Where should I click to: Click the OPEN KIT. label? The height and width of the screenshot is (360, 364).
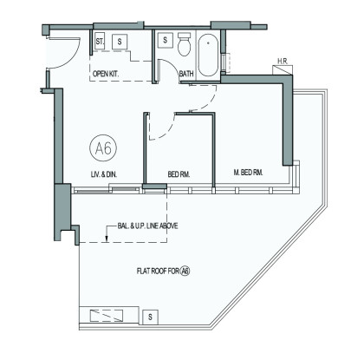pyautogui.click(x=106, y=74)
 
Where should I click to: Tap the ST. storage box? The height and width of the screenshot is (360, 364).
pyautogui.click(x=100, y=42)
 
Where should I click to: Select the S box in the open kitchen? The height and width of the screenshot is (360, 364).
pyautogui.click(x=120, y=42)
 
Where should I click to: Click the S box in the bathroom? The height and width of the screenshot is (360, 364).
pyautogui.click(x=166, y=40)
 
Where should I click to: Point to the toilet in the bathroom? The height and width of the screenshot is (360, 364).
pyautogui.click(x=184, y=44)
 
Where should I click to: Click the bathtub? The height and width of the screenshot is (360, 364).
pyautogui.click(x=208, y=56)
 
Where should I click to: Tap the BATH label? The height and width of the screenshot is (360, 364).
pyautogui.click(x=186, y=74)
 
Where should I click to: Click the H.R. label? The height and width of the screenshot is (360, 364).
pyautogui.click(x=283, y=62)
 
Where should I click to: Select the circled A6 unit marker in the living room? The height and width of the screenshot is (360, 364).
pyautogui.click(x=103, y=148)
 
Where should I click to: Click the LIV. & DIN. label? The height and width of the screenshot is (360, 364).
pyautogui.click(x=104, y=174)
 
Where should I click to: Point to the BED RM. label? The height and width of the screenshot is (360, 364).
pyautogui.click(x=179, y=174)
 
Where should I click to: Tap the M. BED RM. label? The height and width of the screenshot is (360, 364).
pyautogui.click(x=248, y=173)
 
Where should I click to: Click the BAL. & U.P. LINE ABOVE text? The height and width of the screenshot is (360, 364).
pyautogui.click(x=147, y=226)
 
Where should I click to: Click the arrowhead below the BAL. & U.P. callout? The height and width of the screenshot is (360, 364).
pyautogui.click(x=107, y=239)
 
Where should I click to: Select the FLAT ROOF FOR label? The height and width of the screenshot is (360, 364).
pyautogui.click(x=158, y=272)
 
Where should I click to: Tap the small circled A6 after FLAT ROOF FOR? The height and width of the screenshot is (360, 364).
pyautogui.click(x=185, y=272)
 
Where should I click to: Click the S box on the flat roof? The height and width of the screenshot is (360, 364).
pyautogui.click(x=150, y=317)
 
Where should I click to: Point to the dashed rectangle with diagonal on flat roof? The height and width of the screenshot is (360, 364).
pyautogui.click(x=107, y=316)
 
